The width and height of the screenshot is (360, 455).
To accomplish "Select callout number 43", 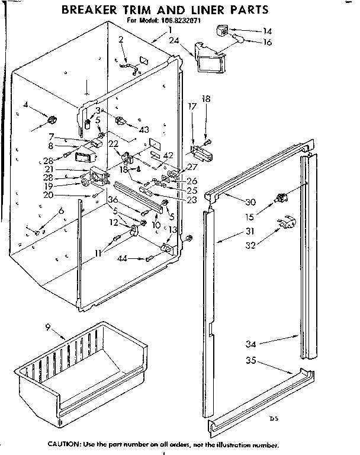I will coord(144,129).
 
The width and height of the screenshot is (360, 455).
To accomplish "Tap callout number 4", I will coord(27,105).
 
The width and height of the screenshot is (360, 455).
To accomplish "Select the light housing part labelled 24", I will coord(210,60).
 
